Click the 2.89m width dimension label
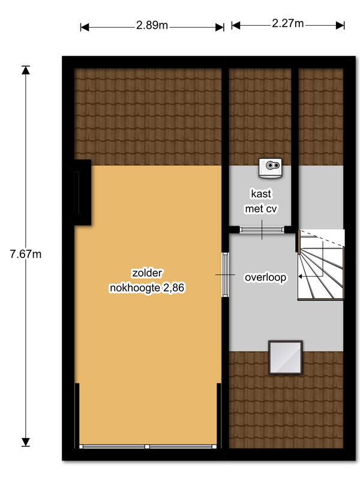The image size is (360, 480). pos(152,25)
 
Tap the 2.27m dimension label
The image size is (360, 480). pos(288,23)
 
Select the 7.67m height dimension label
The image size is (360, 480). pos(26,254)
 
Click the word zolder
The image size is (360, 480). pos(147,273)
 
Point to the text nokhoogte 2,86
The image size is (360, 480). pos(147,288)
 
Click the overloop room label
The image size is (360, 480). pos(265,277)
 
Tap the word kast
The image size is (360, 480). pos(261,194)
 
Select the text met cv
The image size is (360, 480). pos(261,209)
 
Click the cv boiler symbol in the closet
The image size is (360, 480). pos(271,168)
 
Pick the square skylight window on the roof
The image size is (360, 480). pos(286,358)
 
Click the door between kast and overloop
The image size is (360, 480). pos(262,230)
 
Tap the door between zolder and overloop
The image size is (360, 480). pos(226,275)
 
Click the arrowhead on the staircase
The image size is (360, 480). pos(301,277)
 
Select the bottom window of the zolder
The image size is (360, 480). pos(148,446)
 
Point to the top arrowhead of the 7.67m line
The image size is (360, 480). pos(26,70)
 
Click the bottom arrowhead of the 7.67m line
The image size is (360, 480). pos(26,442)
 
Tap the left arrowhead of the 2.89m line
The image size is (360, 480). pos(85,27)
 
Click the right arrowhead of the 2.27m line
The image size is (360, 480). pos(340,25)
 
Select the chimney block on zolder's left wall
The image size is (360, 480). pos(81,193)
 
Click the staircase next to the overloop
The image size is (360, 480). pos(321,265)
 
